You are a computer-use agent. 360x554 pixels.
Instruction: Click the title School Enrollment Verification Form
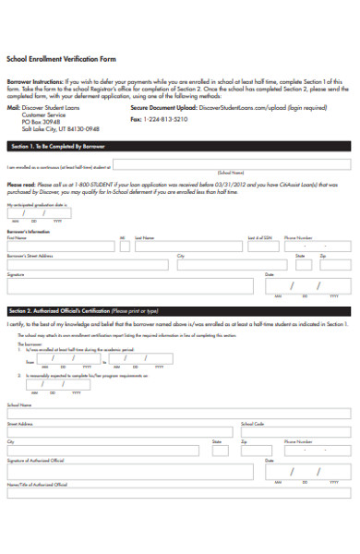click(63, 57)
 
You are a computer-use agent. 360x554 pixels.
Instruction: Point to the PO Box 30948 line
click(42, 121)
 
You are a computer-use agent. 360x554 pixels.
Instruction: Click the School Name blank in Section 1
click(231, 166)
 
